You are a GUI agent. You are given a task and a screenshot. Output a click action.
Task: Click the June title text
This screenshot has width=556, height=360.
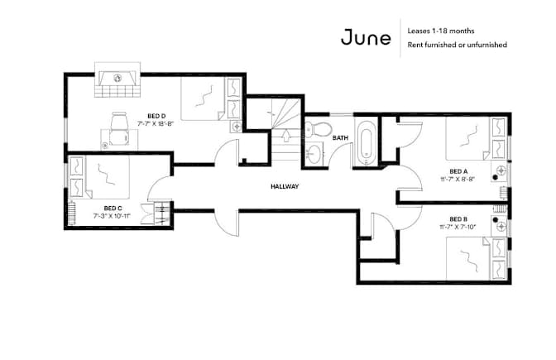point(366,37)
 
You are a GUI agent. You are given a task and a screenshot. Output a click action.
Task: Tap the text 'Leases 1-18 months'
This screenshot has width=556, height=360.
point(441,31)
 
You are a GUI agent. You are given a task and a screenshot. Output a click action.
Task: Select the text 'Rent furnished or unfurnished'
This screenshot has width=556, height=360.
point(457,45)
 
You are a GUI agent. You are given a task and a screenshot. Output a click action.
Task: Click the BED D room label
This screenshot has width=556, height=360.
point(156,116)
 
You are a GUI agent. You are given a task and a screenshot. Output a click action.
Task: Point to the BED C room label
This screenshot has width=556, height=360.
point(113,209)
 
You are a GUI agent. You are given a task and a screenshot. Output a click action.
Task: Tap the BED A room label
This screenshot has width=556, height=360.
point(458,171)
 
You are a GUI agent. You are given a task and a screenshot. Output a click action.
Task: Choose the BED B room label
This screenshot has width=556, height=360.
point(458,219)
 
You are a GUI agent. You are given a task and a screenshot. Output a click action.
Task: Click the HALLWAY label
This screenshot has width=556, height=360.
point(285,186)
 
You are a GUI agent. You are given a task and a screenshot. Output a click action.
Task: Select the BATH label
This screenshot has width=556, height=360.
point(340,137)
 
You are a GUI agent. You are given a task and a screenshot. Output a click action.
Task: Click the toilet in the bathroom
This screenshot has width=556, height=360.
point(318,129)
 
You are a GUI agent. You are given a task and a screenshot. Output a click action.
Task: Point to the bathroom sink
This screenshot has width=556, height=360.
point(314,154)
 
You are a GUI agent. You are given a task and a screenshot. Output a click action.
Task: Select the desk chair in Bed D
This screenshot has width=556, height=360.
point(119,129)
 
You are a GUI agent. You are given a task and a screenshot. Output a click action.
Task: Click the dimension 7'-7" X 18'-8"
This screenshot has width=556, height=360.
point(156,124)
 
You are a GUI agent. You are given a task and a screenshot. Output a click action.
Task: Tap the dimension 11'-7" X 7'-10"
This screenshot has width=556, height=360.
point(458,227)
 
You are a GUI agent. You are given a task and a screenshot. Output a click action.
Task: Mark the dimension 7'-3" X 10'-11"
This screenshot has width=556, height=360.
point(112,216)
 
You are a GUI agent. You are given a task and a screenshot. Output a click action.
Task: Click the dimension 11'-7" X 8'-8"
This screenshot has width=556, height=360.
point(458,180)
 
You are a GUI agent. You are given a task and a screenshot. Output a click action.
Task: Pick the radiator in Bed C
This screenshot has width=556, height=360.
point(72,213)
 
